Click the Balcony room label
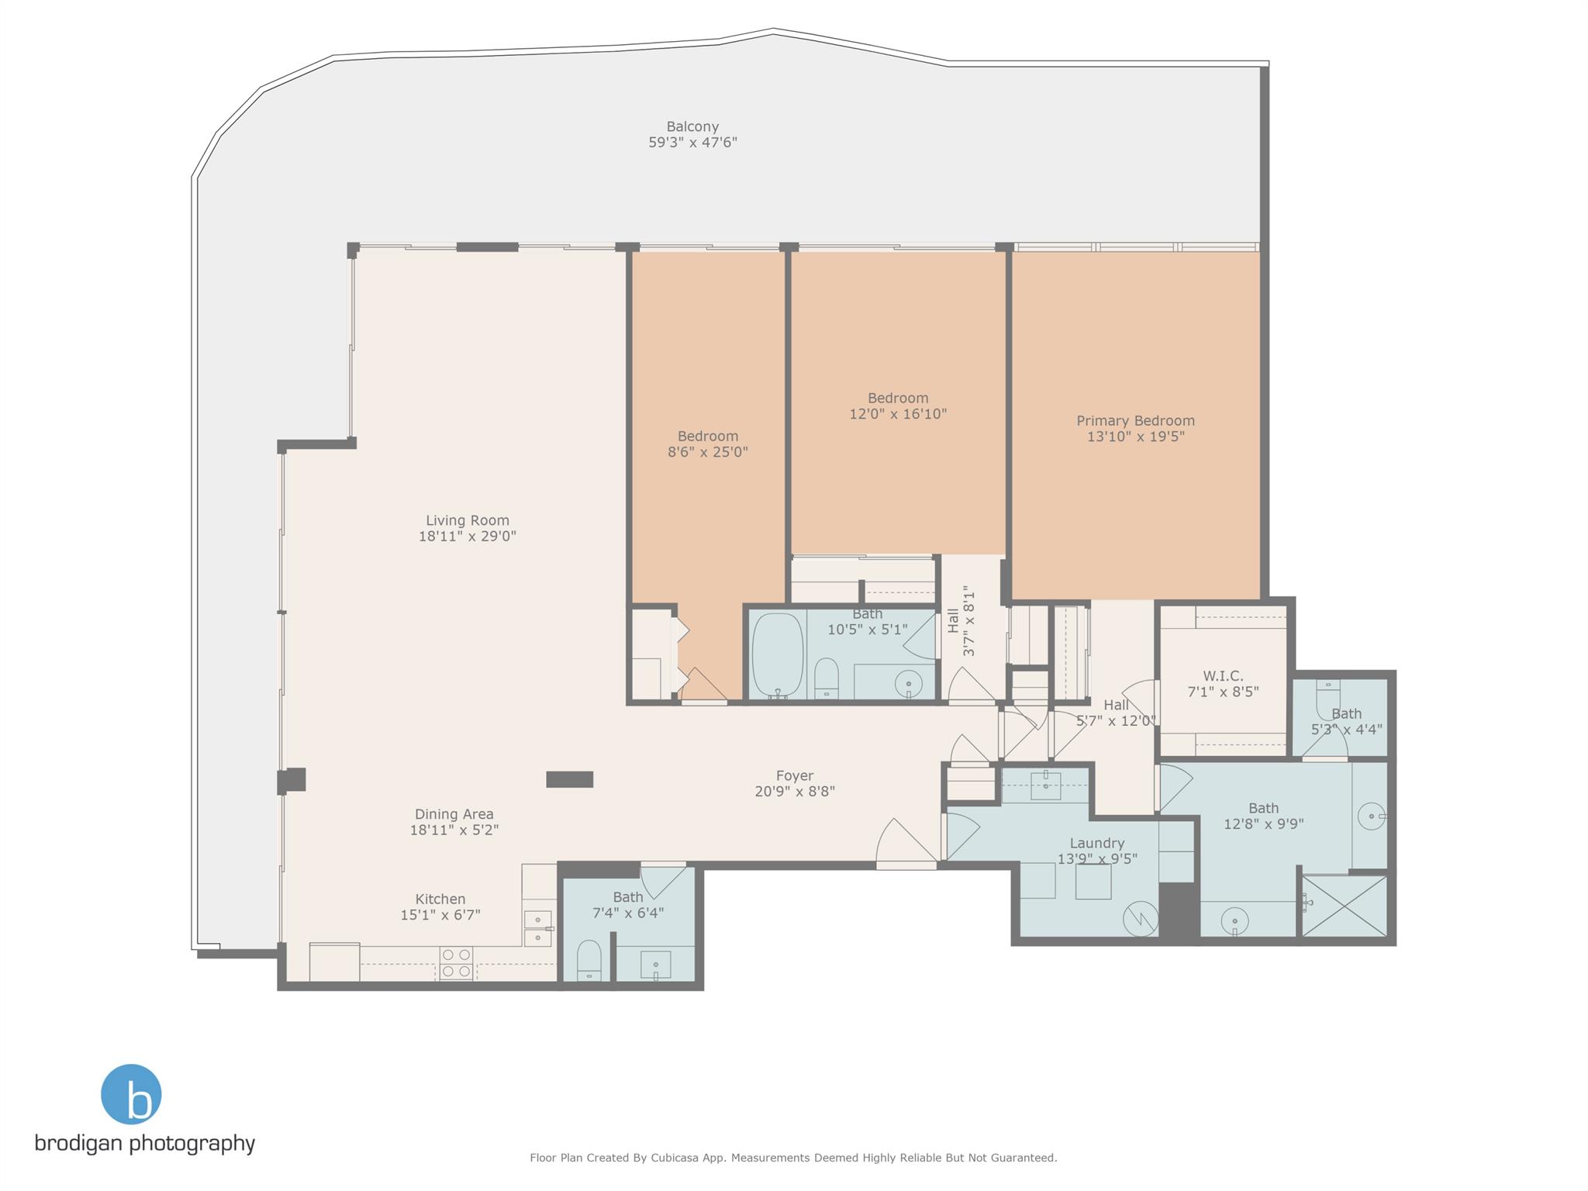(x=692, y=126)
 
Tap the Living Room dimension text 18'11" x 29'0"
(x=467, y=536)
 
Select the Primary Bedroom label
(x=1135, y=421)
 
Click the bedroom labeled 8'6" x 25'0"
(x=707, y=444)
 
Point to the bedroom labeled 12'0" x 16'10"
(x=898, y=406)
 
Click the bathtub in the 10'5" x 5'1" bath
(x=777, y=655)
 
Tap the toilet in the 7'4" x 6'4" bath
(x=589, y=961)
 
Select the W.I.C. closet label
(x=1223, y=676)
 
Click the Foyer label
(x=795, y=775)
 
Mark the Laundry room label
(x=1096, y=843)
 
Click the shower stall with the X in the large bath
(x=1344, y=906)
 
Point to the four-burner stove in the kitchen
(x=456, y=963)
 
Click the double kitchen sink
(x=537, y=928)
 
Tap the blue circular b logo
(x=131, y=1094)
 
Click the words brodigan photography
(x=145, y=1143)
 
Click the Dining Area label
(x=454, y=814)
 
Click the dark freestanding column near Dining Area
(x=569, y=779)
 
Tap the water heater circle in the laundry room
(x=1141, y=919)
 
